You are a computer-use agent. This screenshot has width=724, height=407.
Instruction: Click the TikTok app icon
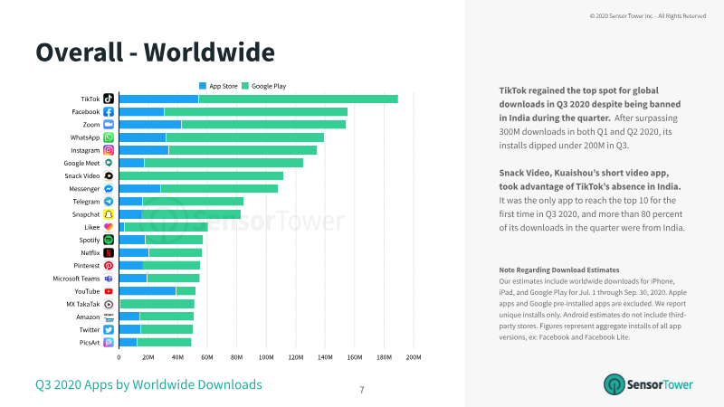point(109,99)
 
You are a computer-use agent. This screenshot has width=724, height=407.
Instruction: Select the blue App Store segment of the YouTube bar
point(148,291)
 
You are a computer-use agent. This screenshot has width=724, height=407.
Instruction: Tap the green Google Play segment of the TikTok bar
point(299,99)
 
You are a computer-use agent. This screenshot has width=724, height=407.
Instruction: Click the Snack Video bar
point(201,175)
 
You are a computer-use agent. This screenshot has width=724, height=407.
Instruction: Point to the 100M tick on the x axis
point(266,357)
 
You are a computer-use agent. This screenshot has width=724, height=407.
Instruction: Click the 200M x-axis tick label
point(414,357)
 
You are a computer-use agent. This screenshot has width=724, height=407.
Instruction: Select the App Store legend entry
point(218,86)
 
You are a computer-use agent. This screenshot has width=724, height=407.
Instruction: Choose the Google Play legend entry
point(264,86)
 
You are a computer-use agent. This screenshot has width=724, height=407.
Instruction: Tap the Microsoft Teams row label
point(76,279)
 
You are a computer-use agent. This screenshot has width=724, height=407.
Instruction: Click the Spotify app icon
point(109,240)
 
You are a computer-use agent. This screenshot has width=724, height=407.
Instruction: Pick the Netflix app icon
point(109,253)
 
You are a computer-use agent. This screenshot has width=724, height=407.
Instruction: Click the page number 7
point(362,390)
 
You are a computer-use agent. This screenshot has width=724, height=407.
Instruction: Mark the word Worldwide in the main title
point(209,52)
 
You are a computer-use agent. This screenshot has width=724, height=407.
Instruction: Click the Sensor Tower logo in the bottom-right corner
point(648,384)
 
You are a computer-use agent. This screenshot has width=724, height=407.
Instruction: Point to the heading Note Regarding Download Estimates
point(559,270)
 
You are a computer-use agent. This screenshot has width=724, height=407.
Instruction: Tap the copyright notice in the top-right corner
point(648,16)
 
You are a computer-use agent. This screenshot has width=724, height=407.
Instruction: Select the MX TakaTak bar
point(157,304)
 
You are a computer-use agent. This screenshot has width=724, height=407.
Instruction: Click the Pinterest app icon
point(109,266)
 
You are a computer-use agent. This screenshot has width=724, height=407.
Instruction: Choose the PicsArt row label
point(89,343)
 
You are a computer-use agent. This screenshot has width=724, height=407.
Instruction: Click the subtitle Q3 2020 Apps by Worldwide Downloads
point(148,384)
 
